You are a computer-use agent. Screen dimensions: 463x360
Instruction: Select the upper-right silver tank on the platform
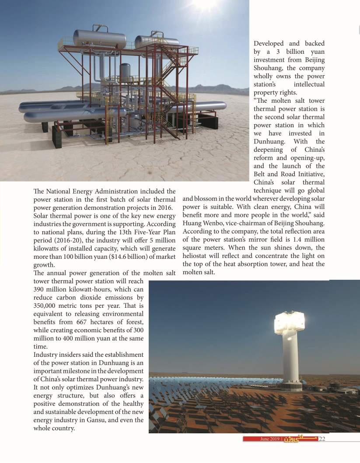(157, 42)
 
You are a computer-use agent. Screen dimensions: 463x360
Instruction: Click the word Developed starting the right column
(269, 43)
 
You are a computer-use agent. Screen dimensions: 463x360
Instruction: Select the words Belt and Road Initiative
(289, 174)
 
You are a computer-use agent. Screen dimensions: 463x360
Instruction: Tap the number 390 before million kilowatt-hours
(40, 289)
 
